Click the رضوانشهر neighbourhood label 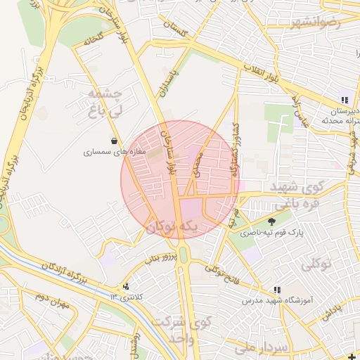click(x=314, y=22)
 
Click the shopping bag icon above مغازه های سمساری click(x=114, y=141)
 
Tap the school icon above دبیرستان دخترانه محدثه click(x=345, y=100)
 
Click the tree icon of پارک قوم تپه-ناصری click(x=271, y=221)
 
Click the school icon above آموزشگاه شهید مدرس click(x=277, y=289)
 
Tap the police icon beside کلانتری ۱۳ click(x=126, y=286)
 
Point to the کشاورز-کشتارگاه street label click(x=235, y=151)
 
